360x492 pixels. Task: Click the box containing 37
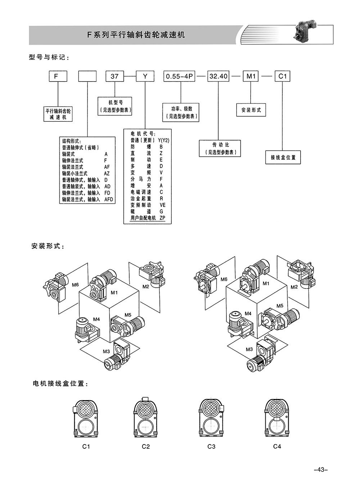pyautogui.click(x=114, y=76)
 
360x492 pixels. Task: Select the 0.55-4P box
pyautogui.click(x=179, y=76)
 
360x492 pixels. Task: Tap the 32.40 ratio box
pyautogui.click(x=218, y=76)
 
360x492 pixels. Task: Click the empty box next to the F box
pyautogui.click(x=87, y=76)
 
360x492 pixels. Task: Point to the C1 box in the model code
pyautogui.click(x=283, y=76)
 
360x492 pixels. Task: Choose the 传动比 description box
pyautogui.click(x=220, y=148)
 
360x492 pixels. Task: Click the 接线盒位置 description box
pyautogui.click(x=283, y=157)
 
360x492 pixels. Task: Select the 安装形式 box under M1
pyautogui.click(x=251, y=110)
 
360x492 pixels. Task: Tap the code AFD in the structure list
pyautogui.click(x=109, y=200)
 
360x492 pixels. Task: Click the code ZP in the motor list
pyautogui.click(x=162, y=218)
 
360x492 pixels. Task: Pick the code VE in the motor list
pyautogui.click(x=162, y=205)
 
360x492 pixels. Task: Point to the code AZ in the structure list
pyautogui.click(x=107, y=174)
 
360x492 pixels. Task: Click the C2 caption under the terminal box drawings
pyautogui.click(x=146, y=447)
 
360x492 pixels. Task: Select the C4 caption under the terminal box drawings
pyautogui.click(x=277, y=446)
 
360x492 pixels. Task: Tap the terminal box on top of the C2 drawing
pyautogui.click(x=145, y=399)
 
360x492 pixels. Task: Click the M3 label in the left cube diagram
pyautogui.click(x=106, y=352)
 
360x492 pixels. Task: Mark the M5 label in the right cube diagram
pyautogui.click(x=280, y=306)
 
